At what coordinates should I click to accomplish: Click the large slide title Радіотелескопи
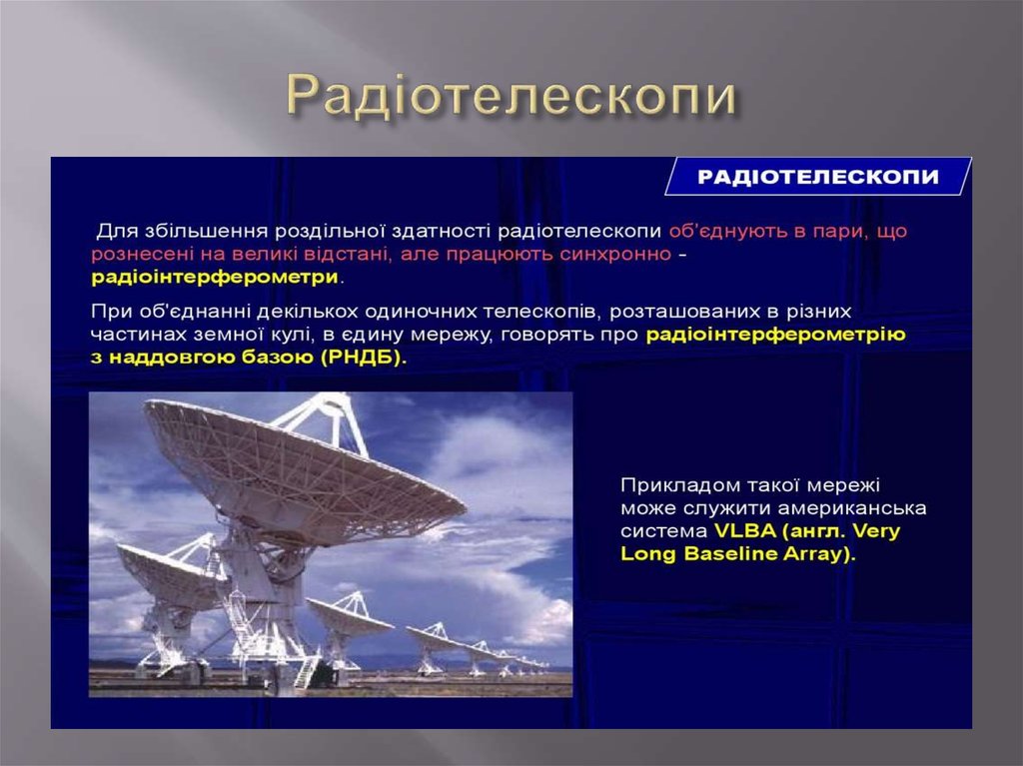click(x=511, y=97)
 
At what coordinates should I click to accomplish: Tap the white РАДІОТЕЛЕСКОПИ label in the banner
click(x=817, y=177)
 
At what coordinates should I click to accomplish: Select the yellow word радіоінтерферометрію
click(x=775, y=334)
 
